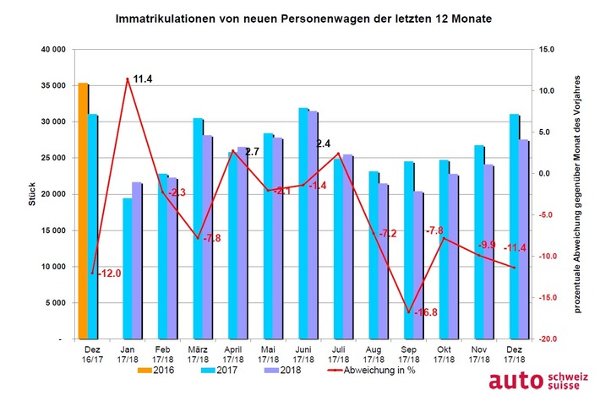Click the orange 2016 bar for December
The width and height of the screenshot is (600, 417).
pyautogui.click(x=83, y=211)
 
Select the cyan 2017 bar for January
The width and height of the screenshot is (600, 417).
pyautogui.click(x=127, y=268)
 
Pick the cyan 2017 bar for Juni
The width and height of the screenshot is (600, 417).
pyautogui.click(x=279, y=223)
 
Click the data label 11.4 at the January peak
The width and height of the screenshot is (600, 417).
pyautogui.click(x=143, y=79)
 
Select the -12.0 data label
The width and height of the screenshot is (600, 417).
pyautogui.click(x=110, y=273)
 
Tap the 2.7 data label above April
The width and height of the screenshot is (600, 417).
pyautogui.click(x=251, y=152)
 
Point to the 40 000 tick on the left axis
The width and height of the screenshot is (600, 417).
pyautogui.click(x=52, y=50)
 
